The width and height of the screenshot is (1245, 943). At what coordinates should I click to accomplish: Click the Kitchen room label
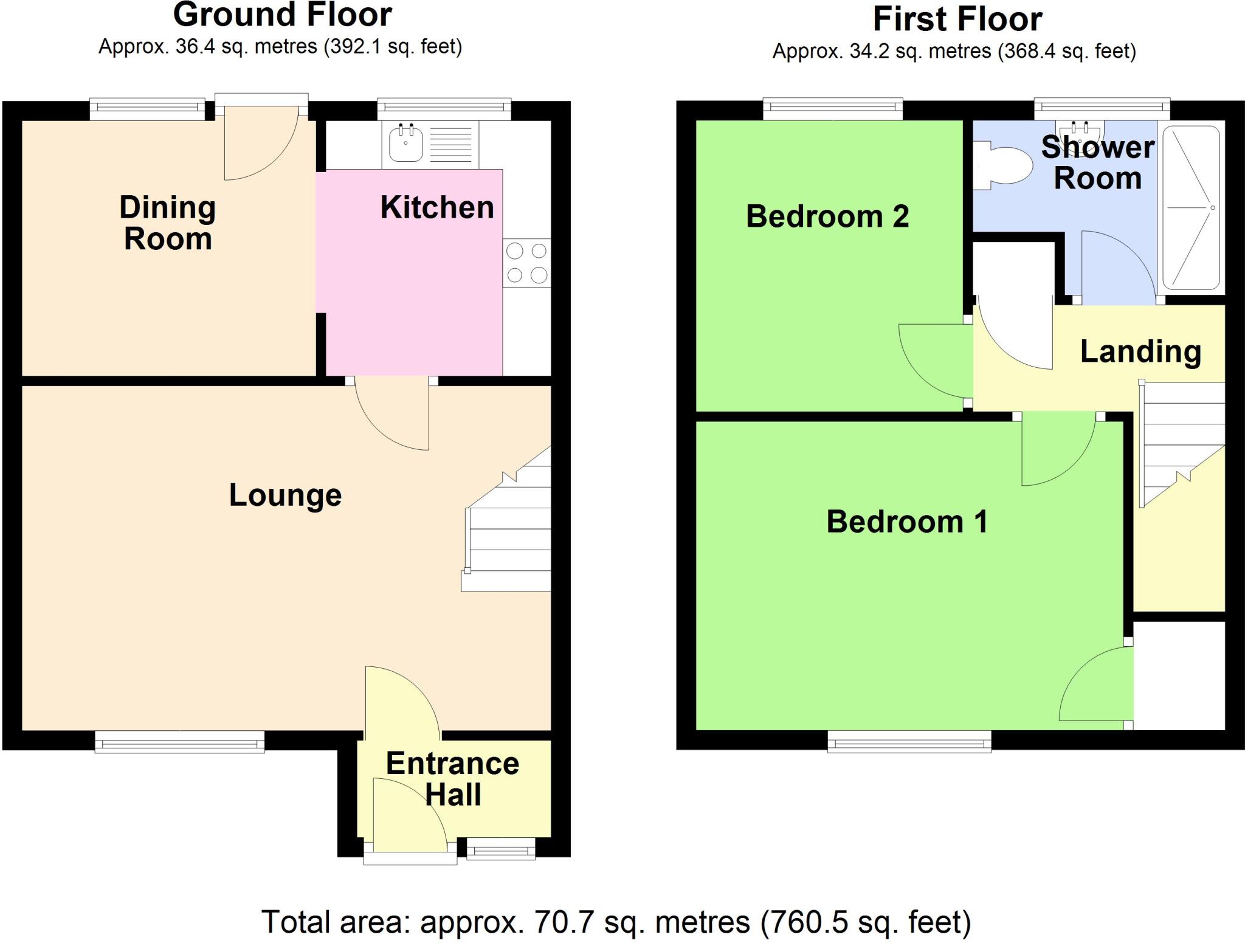point(436,208)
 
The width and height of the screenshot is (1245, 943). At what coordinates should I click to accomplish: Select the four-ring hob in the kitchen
point(526,263)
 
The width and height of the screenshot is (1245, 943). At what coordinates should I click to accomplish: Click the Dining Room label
point(168,223)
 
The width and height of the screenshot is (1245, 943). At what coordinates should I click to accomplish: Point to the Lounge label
point(285,496)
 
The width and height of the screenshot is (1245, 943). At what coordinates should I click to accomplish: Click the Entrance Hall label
point(453,779)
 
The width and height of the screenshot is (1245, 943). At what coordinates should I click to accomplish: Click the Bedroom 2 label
point(827,216)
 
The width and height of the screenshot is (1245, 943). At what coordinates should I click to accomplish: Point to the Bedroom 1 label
point(906,522)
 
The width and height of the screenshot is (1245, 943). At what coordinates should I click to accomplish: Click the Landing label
point(1140,352)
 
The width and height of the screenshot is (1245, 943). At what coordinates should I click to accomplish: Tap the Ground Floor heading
point(283,15)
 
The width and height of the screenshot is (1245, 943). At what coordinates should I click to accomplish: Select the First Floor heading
point(957,19)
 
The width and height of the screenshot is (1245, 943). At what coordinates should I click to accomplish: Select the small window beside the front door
point(501,849)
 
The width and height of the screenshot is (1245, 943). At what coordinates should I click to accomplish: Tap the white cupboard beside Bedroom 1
point(1179,675)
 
